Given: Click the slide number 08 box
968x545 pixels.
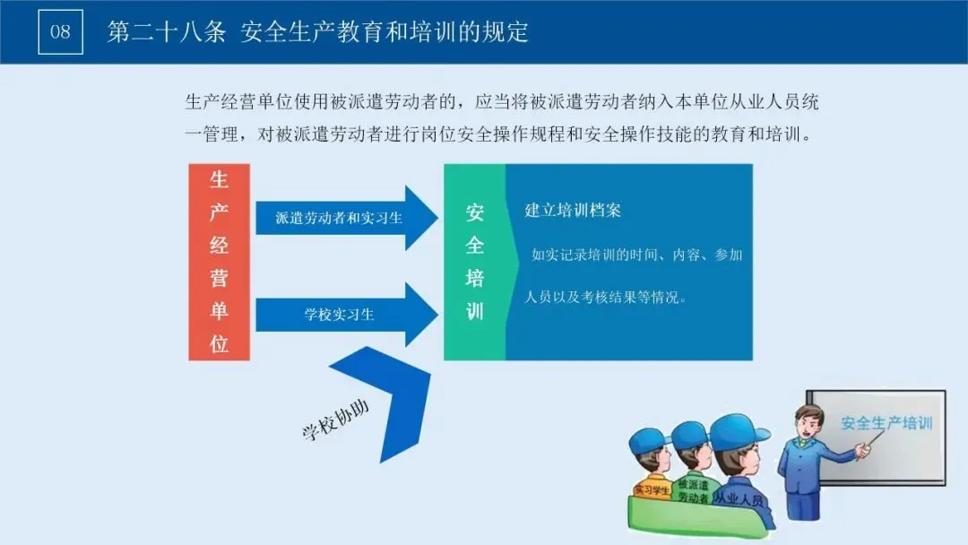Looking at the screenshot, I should coord(60,32).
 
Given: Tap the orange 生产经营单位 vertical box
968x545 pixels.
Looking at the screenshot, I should coord(219,262).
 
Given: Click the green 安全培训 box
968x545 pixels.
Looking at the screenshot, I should coord(475,262).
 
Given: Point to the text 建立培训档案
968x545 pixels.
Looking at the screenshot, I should coord(573,211).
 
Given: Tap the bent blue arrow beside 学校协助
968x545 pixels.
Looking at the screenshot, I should coord(394,394).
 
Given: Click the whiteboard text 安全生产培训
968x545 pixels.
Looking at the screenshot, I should coord(886,422).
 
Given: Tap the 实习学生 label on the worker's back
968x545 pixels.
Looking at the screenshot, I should coord(652,490).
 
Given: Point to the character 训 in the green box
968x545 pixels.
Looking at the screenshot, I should coord(475,311).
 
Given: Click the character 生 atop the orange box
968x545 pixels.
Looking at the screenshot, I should coord(219,180).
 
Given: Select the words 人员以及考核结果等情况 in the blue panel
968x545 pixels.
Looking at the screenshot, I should coord(605,297).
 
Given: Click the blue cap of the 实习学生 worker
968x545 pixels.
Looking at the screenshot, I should coord(649,439).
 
